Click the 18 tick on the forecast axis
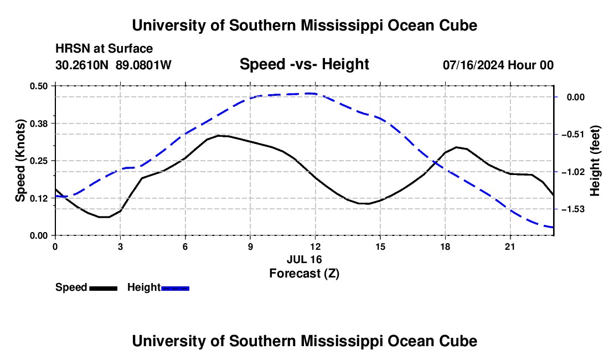point(445,246)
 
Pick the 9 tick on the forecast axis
point(250,246)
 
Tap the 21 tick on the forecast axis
point(509,246)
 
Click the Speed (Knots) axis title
point(20,161)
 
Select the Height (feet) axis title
point(595,161)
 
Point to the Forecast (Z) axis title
point(304,274)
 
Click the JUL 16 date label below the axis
point(304,259)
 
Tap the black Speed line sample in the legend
point(104,288)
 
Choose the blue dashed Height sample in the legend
point(175,288)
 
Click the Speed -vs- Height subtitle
point(304,64)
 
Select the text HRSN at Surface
point(104,49)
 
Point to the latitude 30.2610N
point(82,65)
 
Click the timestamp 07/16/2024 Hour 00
point(498,65)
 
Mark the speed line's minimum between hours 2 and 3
point(104,217)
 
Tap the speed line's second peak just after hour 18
point(457,147)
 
